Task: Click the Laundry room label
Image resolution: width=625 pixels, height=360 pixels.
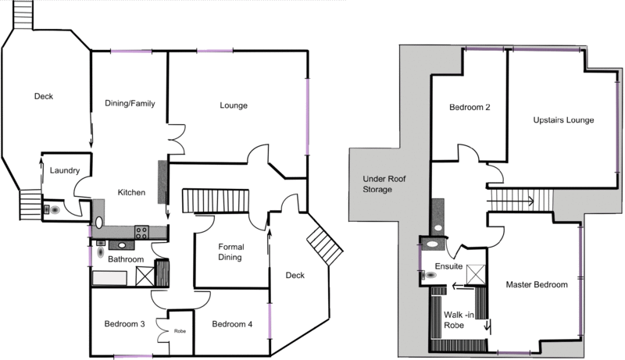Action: click(x=65, y=170)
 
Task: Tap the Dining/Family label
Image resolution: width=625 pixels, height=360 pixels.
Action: click(x=130, y=104)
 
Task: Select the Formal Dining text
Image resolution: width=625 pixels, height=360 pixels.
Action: click(x=230, y=252)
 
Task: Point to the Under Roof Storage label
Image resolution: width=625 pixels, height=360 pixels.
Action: click(x=384, y=184)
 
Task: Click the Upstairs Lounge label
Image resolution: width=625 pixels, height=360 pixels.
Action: click(x=563, y=120)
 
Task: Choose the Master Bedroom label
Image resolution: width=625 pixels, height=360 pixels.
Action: click(x=537, y=285)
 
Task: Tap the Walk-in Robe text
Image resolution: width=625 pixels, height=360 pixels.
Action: click(x=459, y=320)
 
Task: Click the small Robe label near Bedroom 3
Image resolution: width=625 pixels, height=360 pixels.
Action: click(x=180, y=331)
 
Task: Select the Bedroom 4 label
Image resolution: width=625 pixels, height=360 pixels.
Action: click(x=232, y=324)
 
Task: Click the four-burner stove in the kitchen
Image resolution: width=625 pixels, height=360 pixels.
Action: click(x=141, y=232)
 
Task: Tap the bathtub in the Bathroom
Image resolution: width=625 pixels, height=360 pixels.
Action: click(x=109, y=278)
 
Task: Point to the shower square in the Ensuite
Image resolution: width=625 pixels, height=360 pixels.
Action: click(x=476, y=274)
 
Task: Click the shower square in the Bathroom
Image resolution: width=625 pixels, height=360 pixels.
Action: click(x=145, y=276)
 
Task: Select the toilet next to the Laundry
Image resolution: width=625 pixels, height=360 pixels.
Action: click(x=52, y=209)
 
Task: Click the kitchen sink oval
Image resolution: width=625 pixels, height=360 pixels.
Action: click(x=99, y=223)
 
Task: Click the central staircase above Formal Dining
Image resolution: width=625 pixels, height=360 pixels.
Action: click(x=216, y=201)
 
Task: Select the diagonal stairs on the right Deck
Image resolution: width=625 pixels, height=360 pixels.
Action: click(x=325, y=244)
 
